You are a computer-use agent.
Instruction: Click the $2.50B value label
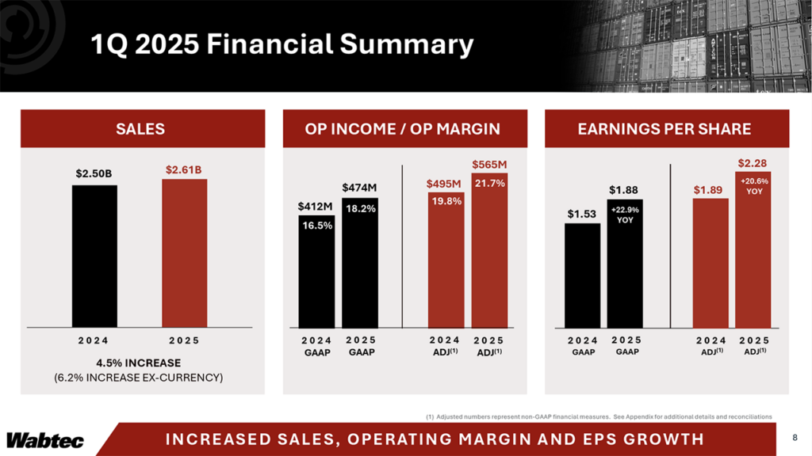pyautogui.click(x=94, y=173)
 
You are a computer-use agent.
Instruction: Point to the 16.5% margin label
pyautogui.click(x=316, y=225)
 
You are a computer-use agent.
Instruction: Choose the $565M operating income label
pyautogui.click(x=489, y=164)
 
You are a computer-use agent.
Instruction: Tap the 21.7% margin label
pyautogui.click(x=489, y=183)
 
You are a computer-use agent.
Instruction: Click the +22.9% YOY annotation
pyautogui.click(x=625, y=215)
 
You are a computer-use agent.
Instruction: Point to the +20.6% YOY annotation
pyautogui.click(x=753, y=185)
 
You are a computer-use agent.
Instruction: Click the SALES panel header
pyautogui.click(x=140, y=128)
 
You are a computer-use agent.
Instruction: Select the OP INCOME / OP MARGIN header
pyautogui.click(x=402, y=128)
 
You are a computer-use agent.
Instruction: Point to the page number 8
pyautogui.click(x=795, y=438)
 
